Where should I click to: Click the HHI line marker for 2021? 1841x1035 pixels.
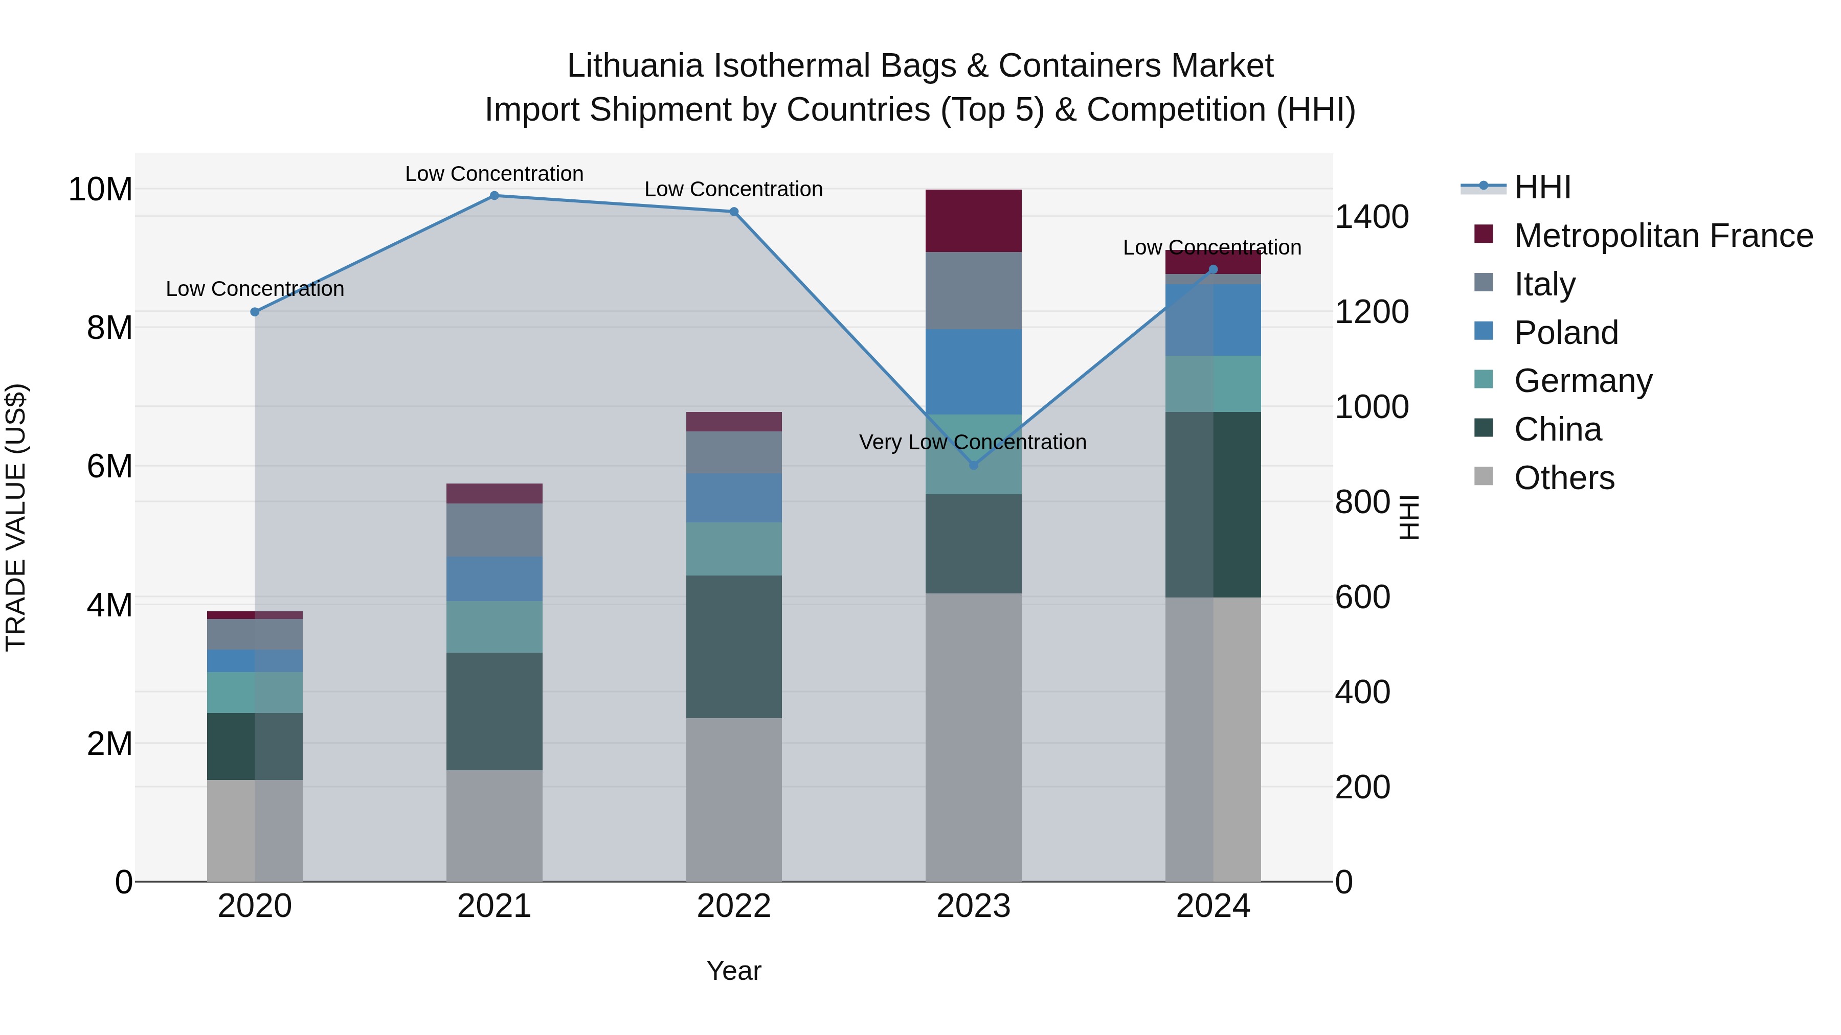coord(494,196)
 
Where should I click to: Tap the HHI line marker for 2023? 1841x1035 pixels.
coord(973,465)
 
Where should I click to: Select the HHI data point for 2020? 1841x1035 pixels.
coord(255,312)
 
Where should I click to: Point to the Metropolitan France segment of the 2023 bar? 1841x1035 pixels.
coord(973,221)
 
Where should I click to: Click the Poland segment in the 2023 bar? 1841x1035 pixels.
coord(973,372)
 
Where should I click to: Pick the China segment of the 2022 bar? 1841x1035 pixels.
coord(734,647)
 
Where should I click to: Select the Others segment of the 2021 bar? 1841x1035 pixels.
coord(494,825)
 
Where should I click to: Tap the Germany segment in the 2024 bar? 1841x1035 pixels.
coord(1213,383)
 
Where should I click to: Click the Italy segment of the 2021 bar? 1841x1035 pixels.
coord(494,530)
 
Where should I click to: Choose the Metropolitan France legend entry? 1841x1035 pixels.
coord(1663,236)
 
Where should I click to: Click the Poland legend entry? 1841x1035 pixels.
coord(1566,333)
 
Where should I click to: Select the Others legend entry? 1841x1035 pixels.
coord(1564,478)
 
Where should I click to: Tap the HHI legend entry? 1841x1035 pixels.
coord(1542,187)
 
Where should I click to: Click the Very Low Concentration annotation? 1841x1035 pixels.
coord(973,442)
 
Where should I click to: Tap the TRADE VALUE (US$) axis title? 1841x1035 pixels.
coord(16,517)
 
